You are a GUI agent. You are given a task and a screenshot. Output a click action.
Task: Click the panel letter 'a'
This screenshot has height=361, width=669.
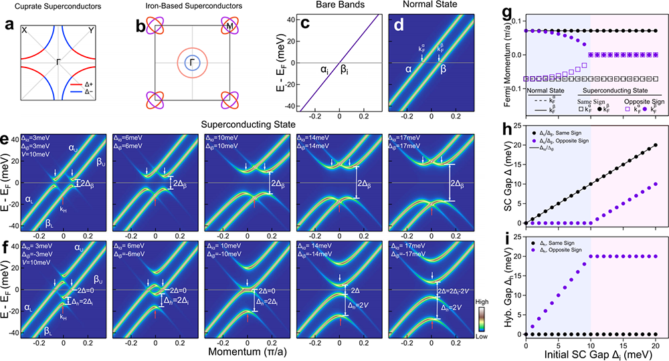point(9,29)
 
